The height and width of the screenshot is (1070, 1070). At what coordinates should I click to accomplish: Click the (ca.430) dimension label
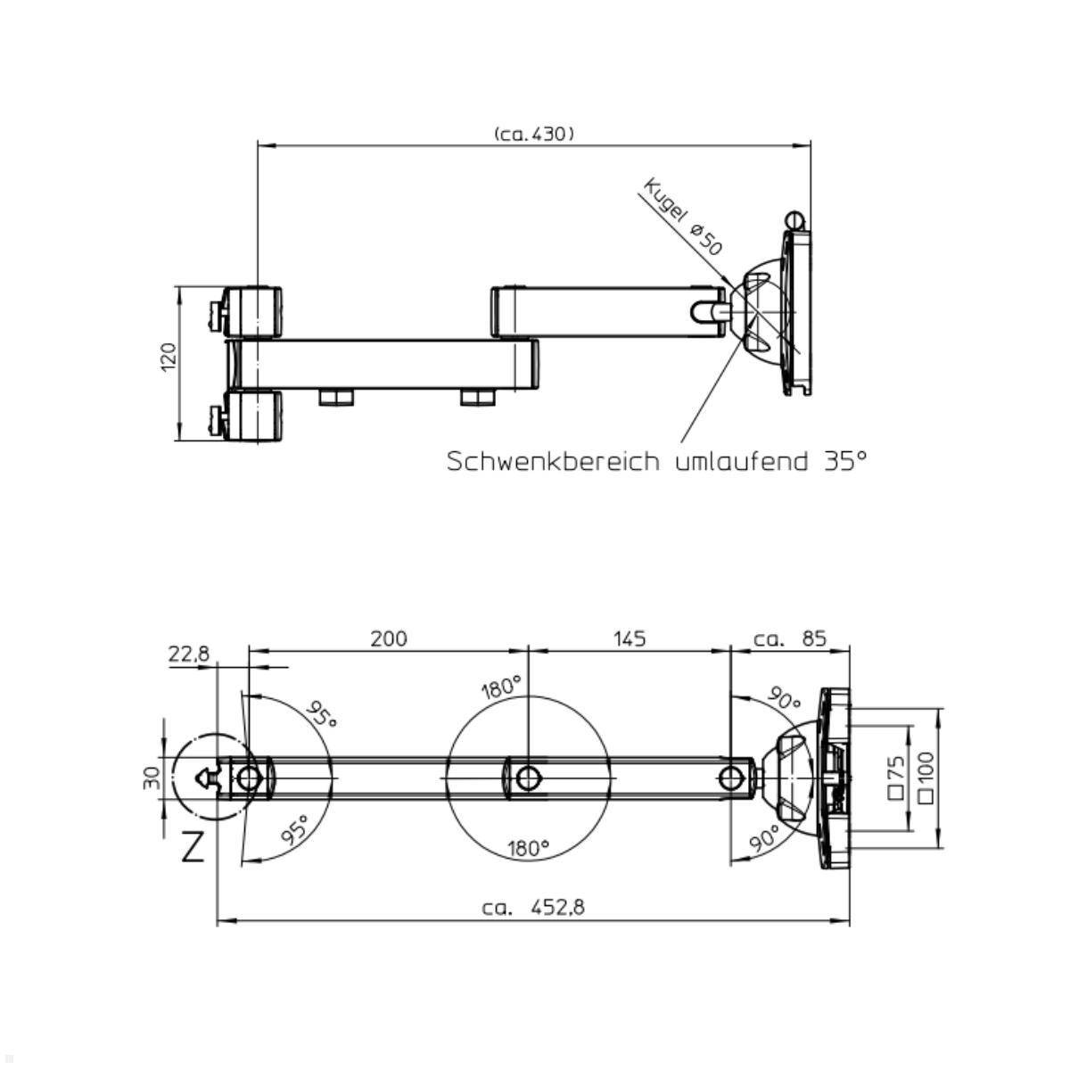[533, 134]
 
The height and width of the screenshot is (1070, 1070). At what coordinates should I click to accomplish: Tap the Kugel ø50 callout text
[683, 217]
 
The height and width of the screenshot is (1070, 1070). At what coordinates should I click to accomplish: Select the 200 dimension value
[389, 638]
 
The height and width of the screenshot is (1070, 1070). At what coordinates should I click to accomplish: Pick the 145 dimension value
[630, 638]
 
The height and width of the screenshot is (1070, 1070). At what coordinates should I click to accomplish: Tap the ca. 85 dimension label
[790, 638]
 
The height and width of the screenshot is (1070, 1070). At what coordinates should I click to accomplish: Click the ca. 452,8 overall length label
[533, 908]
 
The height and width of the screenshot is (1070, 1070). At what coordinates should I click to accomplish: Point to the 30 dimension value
[151, 778]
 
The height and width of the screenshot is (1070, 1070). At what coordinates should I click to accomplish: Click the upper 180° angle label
[501, 688]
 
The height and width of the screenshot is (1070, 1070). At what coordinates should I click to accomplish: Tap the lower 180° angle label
[528, 848]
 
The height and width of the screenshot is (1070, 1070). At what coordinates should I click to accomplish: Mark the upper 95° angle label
[322, 713]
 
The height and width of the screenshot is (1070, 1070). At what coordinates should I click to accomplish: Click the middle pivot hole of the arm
[529, 777]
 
